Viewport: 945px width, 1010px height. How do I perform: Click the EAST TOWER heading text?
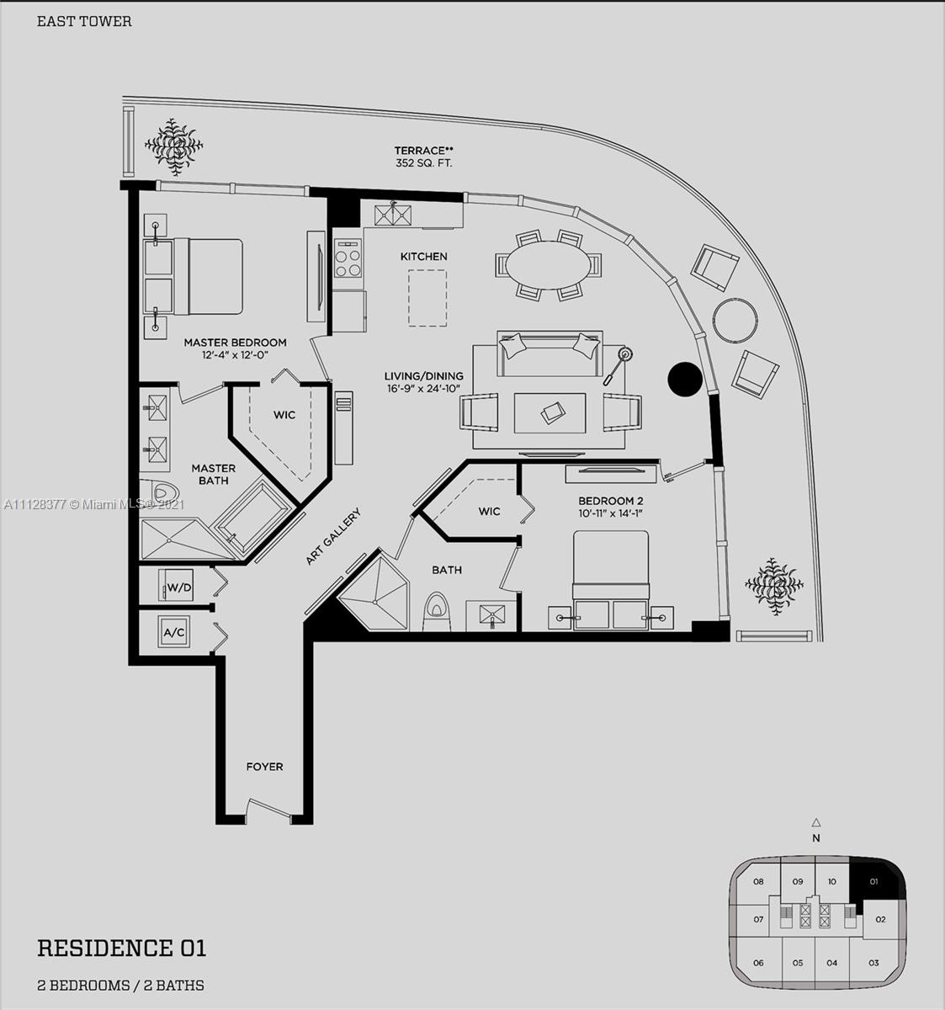pyautogui.click(x=84, y=21)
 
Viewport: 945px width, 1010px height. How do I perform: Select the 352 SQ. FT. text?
pyautogui.click(x=423, y=164)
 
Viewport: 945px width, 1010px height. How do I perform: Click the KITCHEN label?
pyautogui.click(x=423, y=257)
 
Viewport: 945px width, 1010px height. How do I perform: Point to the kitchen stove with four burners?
pyautogui.click(x=348, y=258)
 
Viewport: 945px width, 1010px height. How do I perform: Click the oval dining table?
pyautogui.click(x=548, y=265)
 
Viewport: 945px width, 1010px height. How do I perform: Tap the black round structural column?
pyautogui.click(x=685, y=379)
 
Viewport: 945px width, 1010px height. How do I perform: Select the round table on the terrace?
pyautogui.click(x=735, y=320)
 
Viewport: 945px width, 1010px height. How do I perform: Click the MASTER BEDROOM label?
pyautogui.click(x=235, y=343)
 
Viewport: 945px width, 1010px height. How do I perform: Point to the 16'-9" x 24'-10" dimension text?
pyautogui.click(x=423, y=389)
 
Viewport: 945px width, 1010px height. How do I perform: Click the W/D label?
pyautogui.click(x=179, y=587)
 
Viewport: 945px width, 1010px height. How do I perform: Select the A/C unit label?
pyautogui.click(x=174, y=632)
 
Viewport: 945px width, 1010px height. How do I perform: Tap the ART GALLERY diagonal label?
pyautogui.click(x=333, y=536)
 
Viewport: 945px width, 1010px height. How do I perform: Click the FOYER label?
pyautogui.click(x=264, y=767)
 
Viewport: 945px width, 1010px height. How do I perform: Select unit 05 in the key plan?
pyautogui.click(x=798, y=963)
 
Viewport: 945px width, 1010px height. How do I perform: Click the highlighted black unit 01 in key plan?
pyautogui.click(x=873, y=881)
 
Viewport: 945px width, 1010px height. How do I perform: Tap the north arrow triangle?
pyautogui.click(x=815, y=822)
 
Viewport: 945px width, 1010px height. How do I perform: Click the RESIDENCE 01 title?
pyautogui.click(x=122, y=949)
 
